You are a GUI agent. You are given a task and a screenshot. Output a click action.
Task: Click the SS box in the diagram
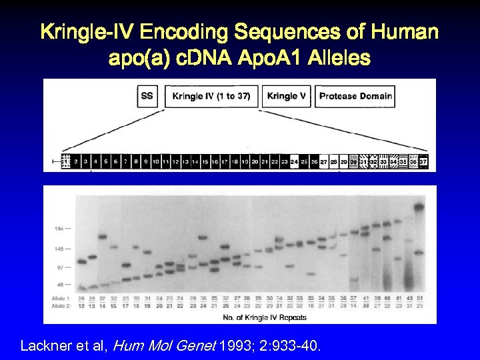147,96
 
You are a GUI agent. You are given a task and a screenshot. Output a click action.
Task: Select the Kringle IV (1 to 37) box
211,96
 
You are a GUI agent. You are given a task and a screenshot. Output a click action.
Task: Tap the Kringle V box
287,96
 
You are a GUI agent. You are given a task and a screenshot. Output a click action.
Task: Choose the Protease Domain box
355,96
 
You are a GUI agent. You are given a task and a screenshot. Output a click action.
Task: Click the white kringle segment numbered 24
295,161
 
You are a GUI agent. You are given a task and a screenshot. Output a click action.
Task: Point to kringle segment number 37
423,161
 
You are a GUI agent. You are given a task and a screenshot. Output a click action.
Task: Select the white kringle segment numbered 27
324,161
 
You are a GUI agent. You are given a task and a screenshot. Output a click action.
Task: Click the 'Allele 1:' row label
61,297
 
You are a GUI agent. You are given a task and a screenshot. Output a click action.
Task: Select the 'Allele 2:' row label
61,305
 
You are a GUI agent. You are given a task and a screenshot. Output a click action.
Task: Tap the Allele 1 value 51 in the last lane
419,297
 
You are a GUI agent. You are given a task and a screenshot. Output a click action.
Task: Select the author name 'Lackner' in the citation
44,346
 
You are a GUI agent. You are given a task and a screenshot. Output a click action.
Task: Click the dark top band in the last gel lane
419,207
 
